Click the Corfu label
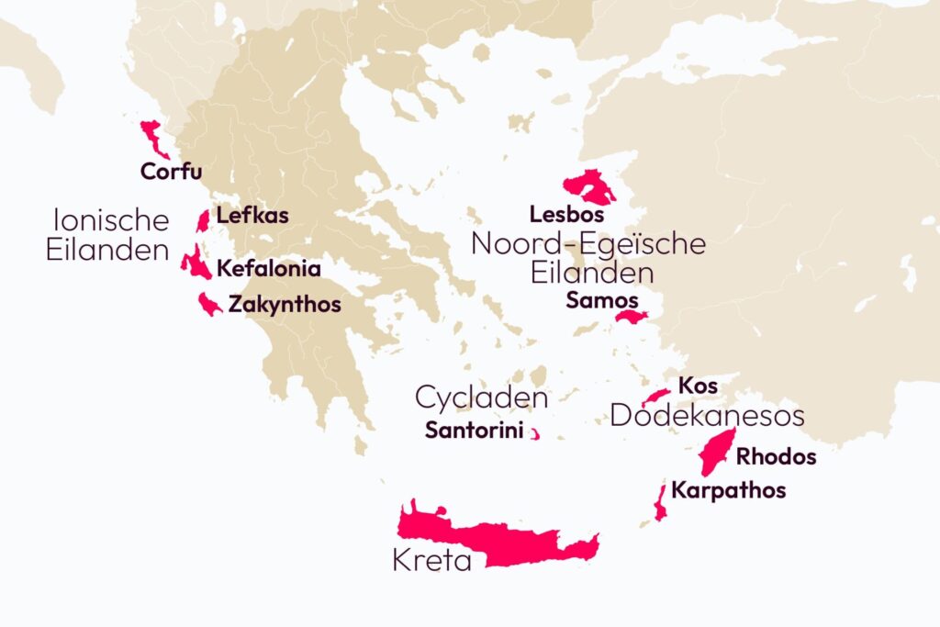(171, 171)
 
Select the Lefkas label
(252, 217)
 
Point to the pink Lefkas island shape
(203, 221)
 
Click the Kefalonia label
(268, 269)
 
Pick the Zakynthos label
(284, 304)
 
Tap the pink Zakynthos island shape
(208, 304)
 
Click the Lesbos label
(566, 215)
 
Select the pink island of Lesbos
(588, 187)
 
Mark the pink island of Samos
(632, 318)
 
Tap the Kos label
(698, 385)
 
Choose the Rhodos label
(776, 456)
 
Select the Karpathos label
(728, 490)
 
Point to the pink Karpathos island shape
(659, 502)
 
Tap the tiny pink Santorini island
(534, 434)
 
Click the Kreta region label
(431, 560)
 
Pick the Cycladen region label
(481, 397)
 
